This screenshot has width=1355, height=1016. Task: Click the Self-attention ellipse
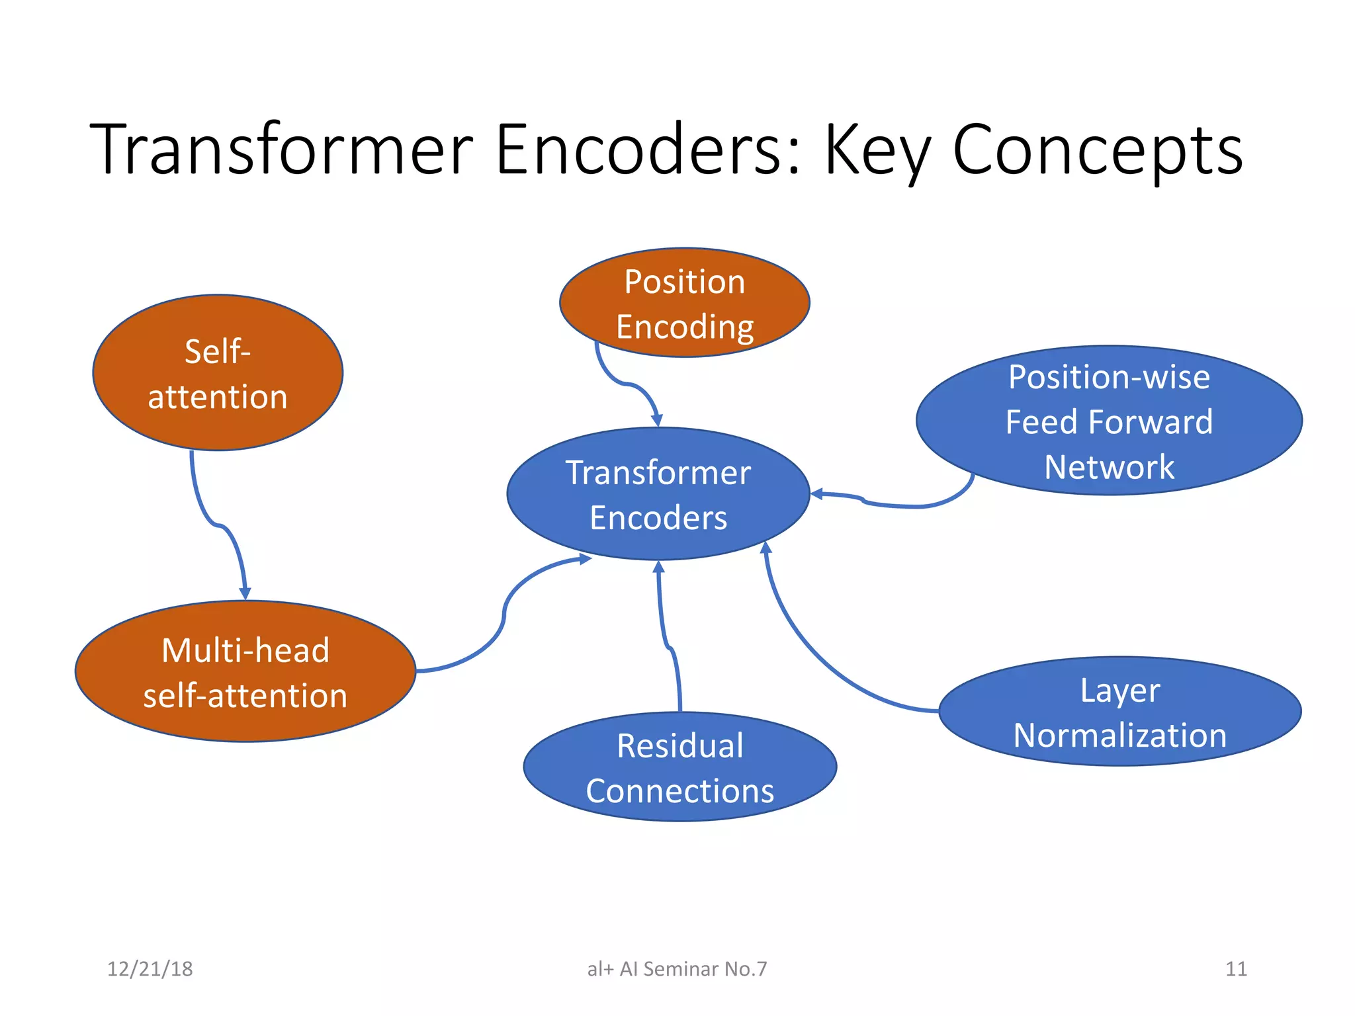tap(218, 373)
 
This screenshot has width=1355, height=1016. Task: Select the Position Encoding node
tap(684, 303)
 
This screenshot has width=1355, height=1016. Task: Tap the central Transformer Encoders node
tap(658, 494)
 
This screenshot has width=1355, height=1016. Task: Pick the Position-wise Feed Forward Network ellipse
tap(1109, 421)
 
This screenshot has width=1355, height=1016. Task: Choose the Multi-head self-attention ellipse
tap(245, 672)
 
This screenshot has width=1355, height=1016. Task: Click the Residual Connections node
tap(679, 767)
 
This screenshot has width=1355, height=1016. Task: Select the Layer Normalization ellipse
tap(1119, 712)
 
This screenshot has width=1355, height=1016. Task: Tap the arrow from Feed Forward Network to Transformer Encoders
tap(893, 505)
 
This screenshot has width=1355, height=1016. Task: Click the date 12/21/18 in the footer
tap(150, 969)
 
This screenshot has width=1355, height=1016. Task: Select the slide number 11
tap(1236, 969)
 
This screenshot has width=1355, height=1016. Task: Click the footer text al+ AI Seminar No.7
tap(677, 969)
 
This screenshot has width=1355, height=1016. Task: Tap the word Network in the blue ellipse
tap(1109, 467)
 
